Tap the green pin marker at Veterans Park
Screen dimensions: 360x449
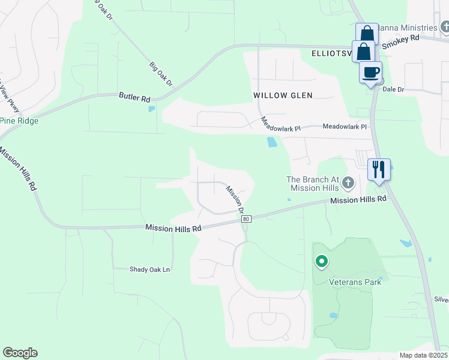point(322,261)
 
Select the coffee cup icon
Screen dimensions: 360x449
point(370,73)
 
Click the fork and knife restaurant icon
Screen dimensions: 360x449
point(378,169)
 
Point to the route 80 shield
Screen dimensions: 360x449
point(247,219)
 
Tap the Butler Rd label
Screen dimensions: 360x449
point(134,97)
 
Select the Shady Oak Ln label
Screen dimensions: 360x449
point(150,269)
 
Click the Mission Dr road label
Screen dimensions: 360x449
point(235,199)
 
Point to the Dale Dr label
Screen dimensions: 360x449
point(393,89)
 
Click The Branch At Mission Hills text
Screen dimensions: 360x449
point(316,184)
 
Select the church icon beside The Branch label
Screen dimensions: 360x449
point(349,182)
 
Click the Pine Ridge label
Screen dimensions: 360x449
point(19,121)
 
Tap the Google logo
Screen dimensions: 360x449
point(20,353)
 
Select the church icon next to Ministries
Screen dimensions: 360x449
point(445,27)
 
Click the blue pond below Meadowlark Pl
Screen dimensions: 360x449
point(272,142)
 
